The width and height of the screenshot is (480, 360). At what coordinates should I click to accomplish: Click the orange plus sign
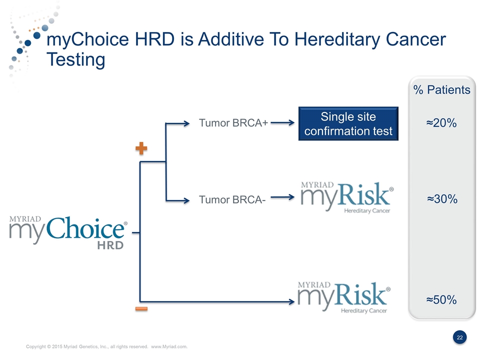tap(141, 148)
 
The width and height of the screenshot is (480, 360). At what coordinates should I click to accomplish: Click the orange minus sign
tap(141, 309)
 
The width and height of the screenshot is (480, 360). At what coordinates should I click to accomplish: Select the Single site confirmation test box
tap(348, 123)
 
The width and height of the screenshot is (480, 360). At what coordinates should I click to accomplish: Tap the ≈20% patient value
tap(441, 123)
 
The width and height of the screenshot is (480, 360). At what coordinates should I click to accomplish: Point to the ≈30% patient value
tap(442, 199)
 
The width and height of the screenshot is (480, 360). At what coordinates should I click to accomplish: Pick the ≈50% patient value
tap(441, 299)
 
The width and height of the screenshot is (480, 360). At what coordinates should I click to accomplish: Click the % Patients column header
tap(441, 89)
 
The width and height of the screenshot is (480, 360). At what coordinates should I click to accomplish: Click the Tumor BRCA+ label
tap(233, 123)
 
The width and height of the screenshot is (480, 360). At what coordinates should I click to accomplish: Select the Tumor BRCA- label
tap(232, 199)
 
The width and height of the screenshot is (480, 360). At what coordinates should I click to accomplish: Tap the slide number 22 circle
tap(460, 337)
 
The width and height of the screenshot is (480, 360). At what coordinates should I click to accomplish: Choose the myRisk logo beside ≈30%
tap(347, 197)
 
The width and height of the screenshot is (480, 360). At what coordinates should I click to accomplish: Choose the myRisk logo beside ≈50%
tap(344, 297)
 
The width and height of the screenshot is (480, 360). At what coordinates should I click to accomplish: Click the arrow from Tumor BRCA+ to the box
tap(282, 123)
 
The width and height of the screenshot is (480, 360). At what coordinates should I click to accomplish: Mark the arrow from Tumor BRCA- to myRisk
tap(282, 197)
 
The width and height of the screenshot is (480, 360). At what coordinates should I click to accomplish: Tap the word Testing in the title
tap(76, 60)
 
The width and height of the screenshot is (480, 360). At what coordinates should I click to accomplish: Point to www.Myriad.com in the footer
tap(169, 346)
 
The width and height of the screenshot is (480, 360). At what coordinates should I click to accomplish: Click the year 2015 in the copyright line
tap(56, 346)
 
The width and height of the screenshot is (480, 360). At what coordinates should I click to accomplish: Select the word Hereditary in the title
tap(337, 40)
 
